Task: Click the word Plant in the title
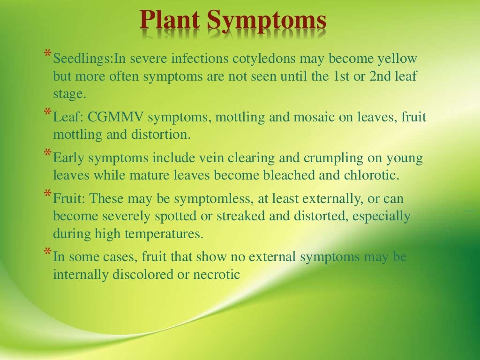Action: coord(171,21)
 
